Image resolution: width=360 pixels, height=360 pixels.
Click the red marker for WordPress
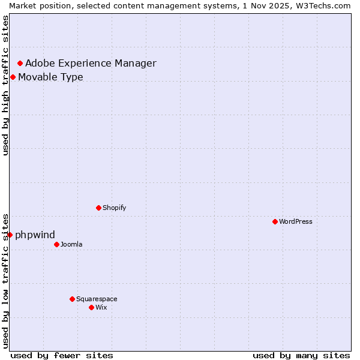(275, 221)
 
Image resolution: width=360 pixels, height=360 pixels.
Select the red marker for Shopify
(98, 208)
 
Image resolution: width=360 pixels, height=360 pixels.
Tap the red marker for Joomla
(56, 244)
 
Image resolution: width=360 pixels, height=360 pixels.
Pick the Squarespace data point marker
(72, 299)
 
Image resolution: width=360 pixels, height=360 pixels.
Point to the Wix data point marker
(91, 307)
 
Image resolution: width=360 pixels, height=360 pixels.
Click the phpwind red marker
(10, 235)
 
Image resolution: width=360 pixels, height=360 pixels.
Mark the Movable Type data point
(13, 77)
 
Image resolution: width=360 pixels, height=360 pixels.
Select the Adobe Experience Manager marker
(20, 63)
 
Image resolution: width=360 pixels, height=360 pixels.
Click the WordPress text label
(296, 221)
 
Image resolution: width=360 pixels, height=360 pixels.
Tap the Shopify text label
(114, 208)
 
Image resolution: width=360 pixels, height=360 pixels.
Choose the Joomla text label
(71, 244)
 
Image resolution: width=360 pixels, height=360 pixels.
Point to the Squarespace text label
(97, 299)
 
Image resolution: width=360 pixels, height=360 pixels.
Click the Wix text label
(101, 307)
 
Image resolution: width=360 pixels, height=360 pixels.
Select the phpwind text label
(35, 235)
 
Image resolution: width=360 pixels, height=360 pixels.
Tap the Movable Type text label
(50, 77)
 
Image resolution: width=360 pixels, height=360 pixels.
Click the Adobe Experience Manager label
(91, 63)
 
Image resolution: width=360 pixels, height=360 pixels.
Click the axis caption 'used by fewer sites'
(62, 355)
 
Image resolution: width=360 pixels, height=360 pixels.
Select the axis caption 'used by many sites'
(301, 355)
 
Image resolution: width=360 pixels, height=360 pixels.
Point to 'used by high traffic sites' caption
(5, 85)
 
